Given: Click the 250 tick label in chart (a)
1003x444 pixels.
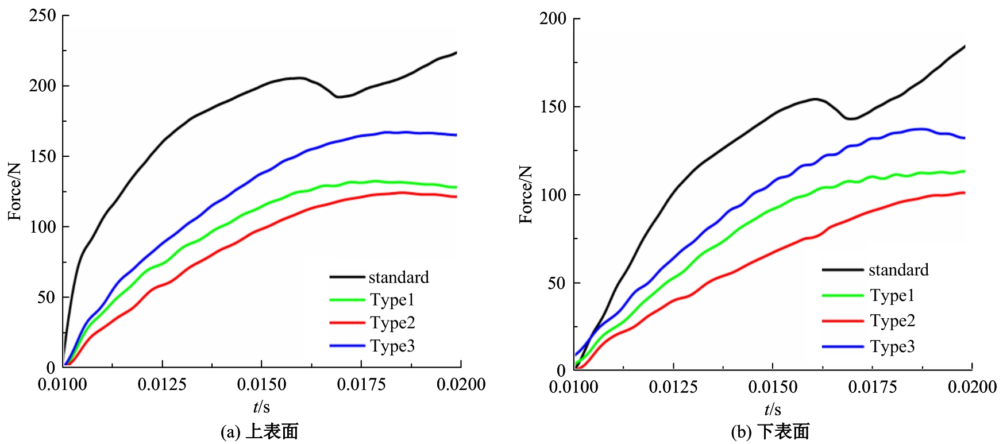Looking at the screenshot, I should point(43,16).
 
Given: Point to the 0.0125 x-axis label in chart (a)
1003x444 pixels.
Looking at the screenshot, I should point(162,384).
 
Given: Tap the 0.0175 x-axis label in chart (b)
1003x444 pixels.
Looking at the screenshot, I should point(872,387).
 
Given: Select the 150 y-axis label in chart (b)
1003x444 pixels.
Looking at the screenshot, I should point(553,107).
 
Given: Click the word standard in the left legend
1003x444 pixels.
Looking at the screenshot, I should point(399,277).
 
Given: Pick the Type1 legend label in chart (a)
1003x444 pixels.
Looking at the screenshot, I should point(392,300).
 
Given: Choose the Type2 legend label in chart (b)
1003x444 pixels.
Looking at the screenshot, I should point(892,321).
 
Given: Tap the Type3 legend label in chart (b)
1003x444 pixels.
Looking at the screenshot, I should point(892,347).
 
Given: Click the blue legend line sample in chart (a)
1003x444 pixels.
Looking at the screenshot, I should point(347,346).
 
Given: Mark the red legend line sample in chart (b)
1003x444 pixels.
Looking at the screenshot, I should point(843,321).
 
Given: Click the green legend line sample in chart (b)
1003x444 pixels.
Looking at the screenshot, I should point(843,295).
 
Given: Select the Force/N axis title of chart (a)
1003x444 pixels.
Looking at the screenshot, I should point(14,191).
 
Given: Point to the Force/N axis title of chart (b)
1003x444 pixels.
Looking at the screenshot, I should point(526,194).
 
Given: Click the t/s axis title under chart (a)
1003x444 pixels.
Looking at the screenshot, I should point(261,407).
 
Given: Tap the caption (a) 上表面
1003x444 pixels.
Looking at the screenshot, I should point(260,432).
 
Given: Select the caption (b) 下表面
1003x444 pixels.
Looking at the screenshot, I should point(770,432).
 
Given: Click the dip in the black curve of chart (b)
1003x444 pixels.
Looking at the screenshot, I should point(850,119).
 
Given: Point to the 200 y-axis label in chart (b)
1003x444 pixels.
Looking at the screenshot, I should point(553,19).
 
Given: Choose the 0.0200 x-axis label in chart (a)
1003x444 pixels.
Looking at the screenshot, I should point(461,384).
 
